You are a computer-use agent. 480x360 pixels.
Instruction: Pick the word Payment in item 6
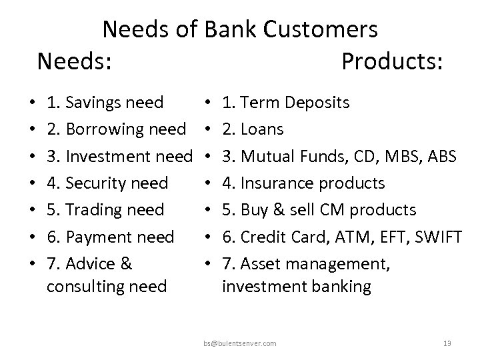pos(99,237)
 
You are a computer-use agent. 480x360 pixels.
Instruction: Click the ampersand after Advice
pos(125,263)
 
